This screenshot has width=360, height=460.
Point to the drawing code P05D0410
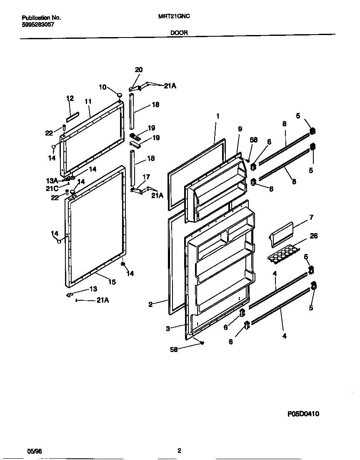[303, 414]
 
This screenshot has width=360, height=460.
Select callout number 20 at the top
[139, 70]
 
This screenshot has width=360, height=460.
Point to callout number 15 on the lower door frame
[112, 282]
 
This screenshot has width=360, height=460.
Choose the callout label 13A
[52, 180]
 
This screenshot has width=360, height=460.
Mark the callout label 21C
[52, 188]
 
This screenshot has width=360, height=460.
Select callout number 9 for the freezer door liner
[240, 129]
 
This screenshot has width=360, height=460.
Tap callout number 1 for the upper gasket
[217, 116]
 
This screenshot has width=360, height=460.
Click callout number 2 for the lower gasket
[151, 304]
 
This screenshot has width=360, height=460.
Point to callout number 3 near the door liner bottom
[168, 329]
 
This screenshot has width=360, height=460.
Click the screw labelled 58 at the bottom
[201, 343]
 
